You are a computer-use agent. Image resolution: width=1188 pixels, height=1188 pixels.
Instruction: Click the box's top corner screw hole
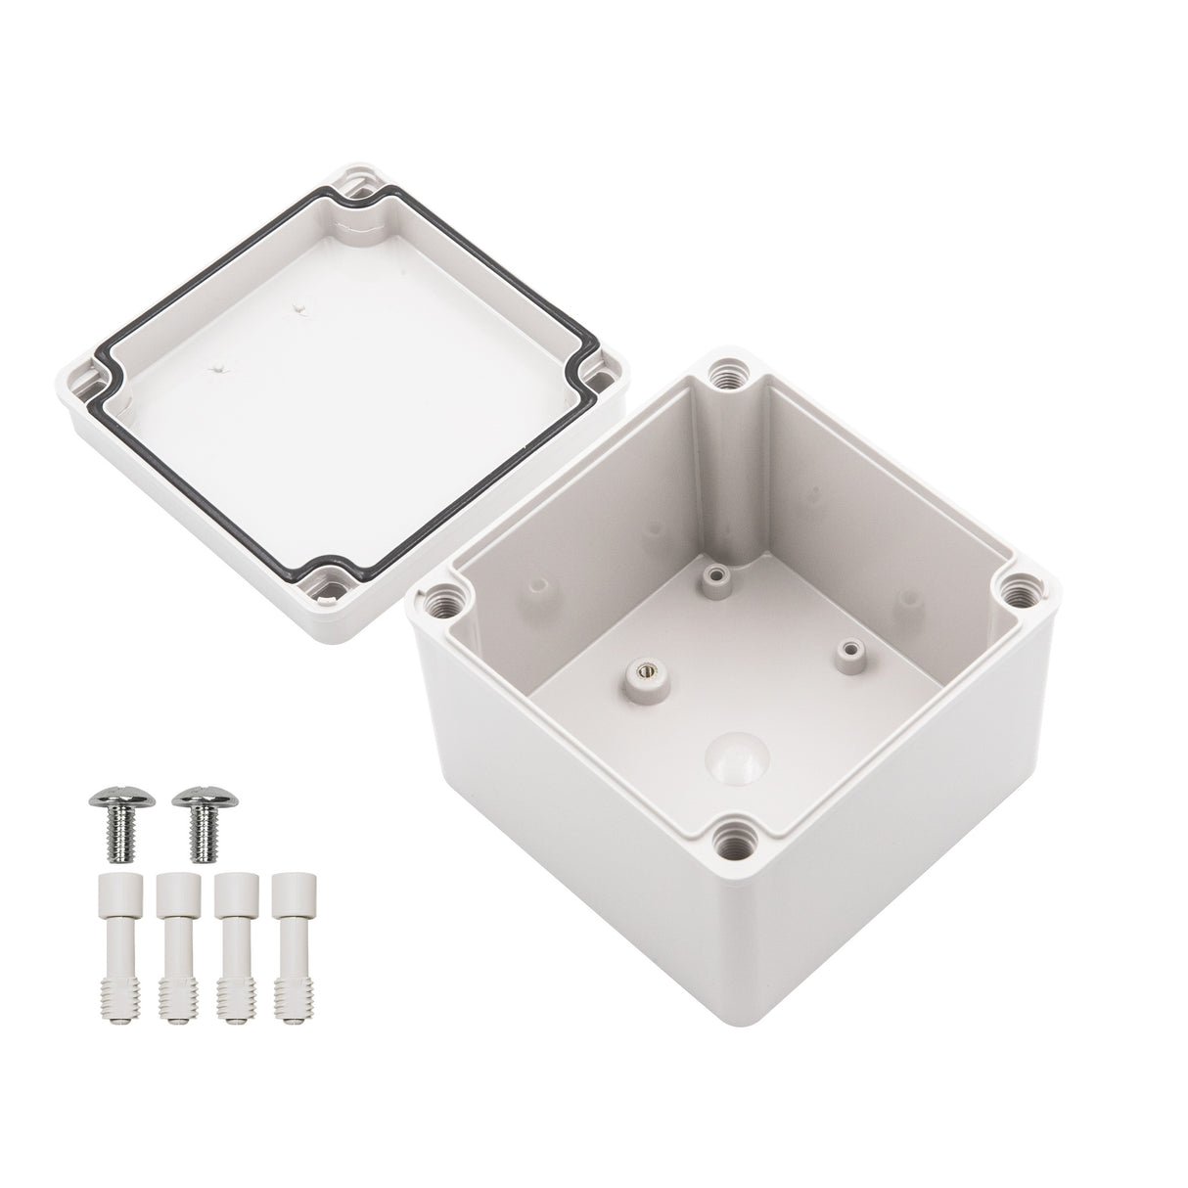tap(729, 372)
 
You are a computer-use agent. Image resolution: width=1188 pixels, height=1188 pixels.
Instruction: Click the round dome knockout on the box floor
tap(729, 752)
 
